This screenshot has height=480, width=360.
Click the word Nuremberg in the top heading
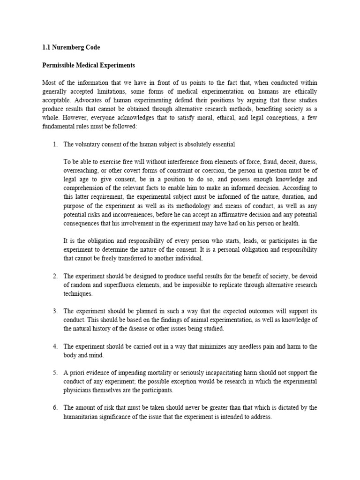pyautogui.click(x=69, y=47)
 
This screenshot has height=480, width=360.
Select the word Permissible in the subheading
pyautogui.click(x=60, y=65)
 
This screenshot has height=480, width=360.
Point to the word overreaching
pyautogui.click(x=81, y=171)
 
